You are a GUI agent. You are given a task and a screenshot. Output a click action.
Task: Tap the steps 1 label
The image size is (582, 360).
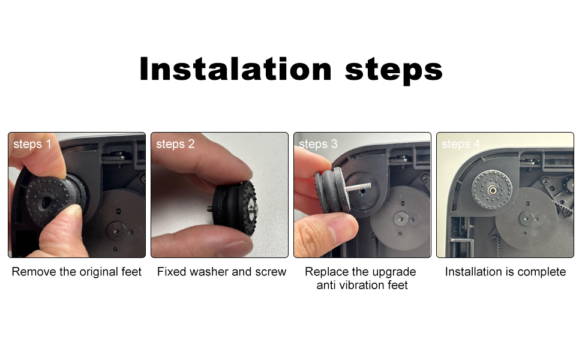32,144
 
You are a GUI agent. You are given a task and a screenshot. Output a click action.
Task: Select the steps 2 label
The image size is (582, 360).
175,144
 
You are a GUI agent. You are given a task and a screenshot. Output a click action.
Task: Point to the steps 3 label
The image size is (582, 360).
318,144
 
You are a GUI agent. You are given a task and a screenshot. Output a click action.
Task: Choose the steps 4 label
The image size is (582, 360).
461,144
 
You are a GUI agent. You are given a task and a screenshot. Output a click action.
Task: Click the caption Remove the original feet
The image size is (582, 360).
77,272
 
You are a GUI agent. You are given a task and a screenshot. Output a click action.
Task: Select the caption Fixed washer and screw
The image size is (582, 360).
221,272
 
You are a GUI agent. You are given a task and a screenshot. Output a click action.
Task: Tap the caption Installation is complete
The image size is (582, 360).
505,272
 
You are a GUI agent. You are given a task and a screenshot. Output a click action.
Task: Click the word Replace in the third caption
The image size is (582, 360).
325,272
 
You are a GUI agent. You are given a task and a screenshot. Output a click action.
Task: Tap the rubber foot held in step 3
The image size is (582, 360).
329,185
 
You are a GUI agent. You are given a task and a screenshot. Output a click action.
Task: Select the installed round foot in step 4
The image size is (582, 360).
491,190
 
